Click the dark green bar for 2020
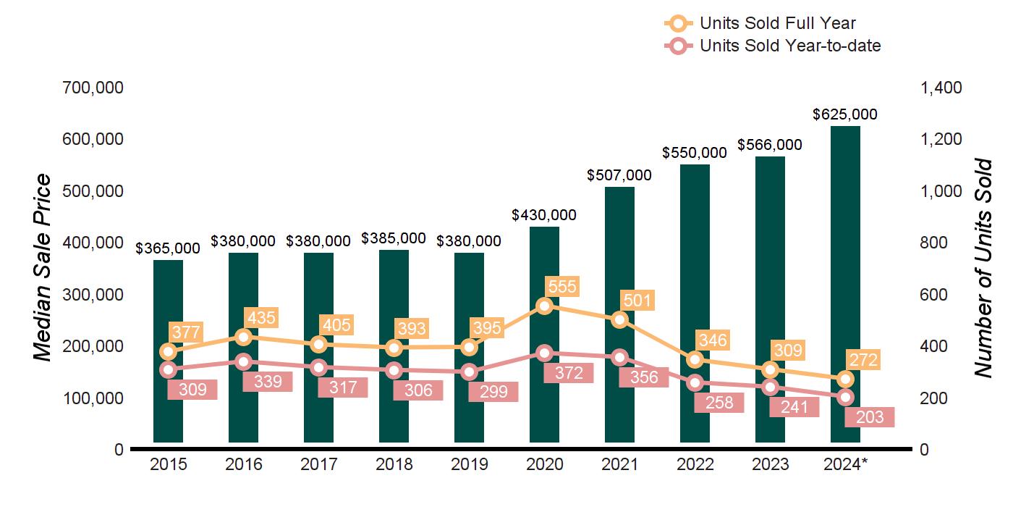point(544,333)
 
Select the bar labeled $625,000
point(845,282)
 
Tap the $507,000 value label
point(619,175)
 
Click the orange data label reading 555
point(562,287)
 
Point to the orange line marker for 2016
point(244,337)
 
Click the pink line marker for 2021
point(619,357)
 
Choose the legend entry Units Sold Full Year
point(778,23)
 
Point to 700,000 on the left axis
point(93,88)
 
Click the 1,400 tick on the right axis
point(941,88)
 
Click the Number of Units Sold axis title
point(983,268)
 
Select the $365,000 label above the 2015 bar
point(168,248)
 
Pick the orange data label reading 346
point(713,340)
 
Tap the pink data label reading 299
point(493,392)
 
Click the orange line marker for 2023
point(770,370)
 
